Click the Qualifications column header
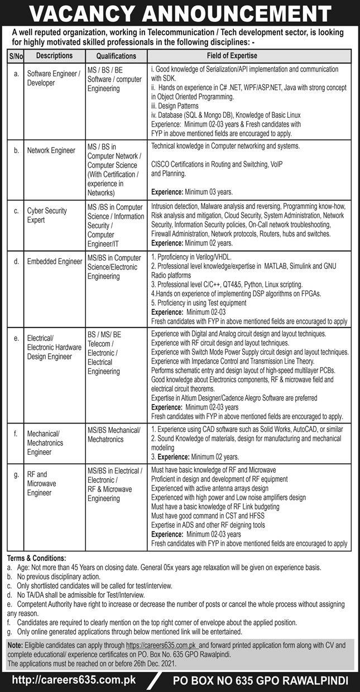click(116, 56)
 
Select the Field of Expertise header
click(248, 56)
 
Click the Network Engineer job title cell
click(51, 151)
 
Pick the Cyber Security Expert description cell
click(47, 215)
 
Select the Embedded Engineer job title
click(54, 262)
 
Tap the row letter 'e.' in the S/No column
click(16, 338)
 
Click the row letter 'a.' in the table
click(16, 73)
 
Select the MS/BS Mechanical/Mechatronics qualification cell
click(114, 434)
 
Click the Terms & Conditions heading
click(36, 558)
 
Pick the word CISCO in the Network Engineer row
click(161, 165)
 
